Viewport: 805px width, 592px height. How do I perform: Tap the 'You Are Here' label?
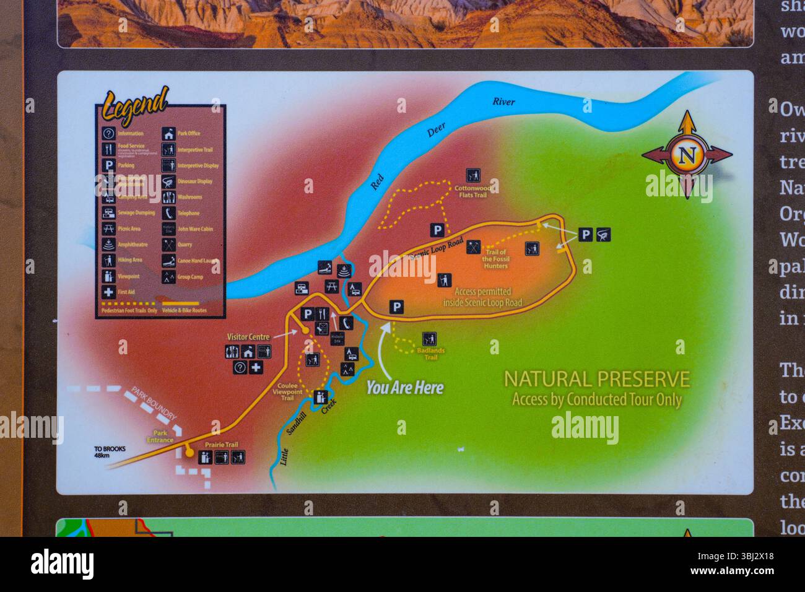(405, 388)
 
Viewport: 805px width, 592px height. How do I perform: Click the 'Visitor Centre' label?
(248, 337)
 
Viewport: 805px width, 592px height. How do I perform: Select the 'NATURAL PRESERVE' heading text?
(596, 378)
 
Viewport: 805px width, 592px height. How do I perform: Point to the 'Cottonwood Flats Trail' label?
(472, 191)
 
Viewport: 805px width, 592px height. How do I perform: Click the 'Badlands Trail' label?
(430, 354)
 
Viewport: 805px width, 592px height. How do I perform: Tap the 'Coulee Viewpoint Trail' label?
(287, 391)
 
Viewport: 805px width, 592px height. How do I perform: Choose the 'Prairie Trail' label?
(221, 445)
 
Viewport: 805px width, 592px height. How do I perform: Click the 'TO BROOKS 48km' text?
(110, 453)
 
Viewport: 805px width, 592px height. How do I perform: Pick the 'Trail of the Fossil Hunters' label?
(495, 259)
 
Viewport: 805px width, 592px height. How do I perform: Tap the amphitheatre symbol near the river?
(345, 270)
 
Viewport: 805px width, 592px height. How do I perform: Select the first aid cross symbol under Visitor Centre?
(256, 368)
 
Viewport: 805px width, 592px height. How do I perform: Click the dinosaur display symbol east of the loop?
(604, 235)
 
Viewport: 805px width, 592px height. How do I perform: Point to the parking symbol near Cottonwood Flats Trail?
(437, 230)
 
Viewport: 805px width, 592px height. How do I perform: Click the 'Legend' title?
(136, 105)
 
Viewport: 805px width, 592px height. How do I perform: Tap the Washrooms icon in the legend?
(168, 197)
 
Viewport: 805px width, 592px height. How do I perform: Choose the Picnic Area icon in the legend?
(108, 229)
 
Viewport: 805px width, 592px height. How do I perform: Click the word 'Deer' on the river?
(436, 131)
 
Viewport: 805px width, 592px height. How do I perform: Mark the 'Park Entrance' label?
(160, 437)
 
